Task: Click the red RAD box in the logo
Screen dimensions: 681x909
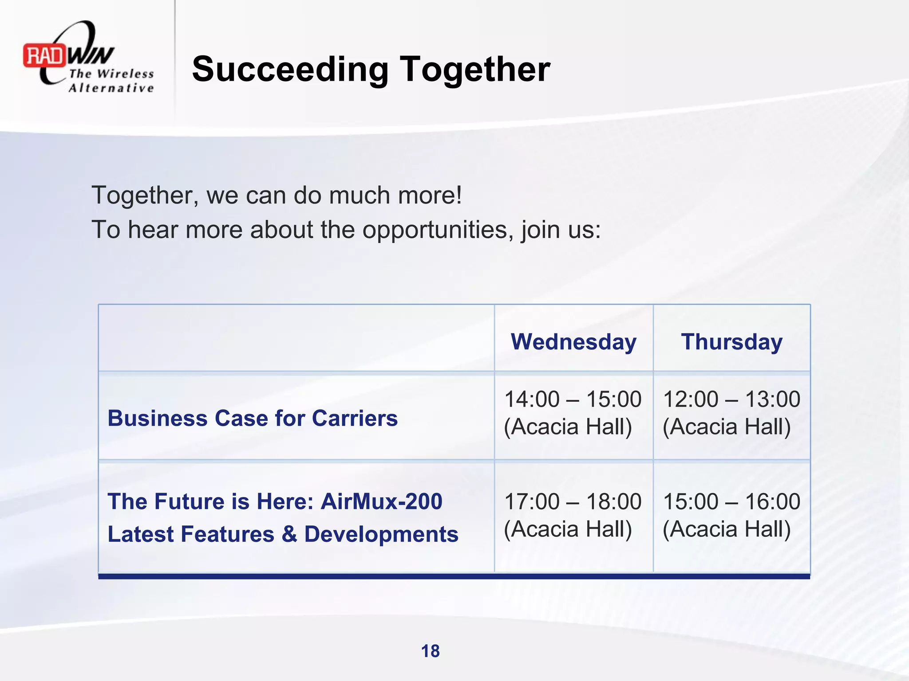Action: click(44, 56)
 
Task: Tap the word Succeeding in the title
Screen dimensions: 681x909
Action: click(290, 69)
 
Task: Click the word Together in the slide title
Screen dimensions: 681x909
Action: click(475, 69)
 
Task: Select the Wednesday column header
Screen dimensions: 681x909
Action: click(573, 342)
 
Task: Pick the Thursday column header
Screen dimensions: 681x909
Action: click(731, 342)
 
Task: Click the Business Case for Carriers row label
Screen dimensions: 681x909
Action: click(253, 418)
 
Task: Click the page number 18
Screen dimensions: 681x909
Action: click(430, 651)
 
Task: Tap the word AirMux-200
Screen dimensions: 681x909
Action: click(381, 501)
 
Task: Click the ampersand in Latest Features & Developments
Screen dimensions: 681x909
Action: click(289, 534)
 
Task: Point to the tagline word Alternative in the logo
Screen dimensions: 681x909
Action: click(111, 88)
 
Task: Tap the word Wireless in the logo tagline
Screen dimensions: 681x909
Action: click(125, 74)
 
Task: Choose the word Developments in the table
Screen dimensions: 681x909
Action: click(381, 534)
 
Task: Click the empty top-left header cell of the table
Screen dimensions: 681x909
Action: click(296, 338)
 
